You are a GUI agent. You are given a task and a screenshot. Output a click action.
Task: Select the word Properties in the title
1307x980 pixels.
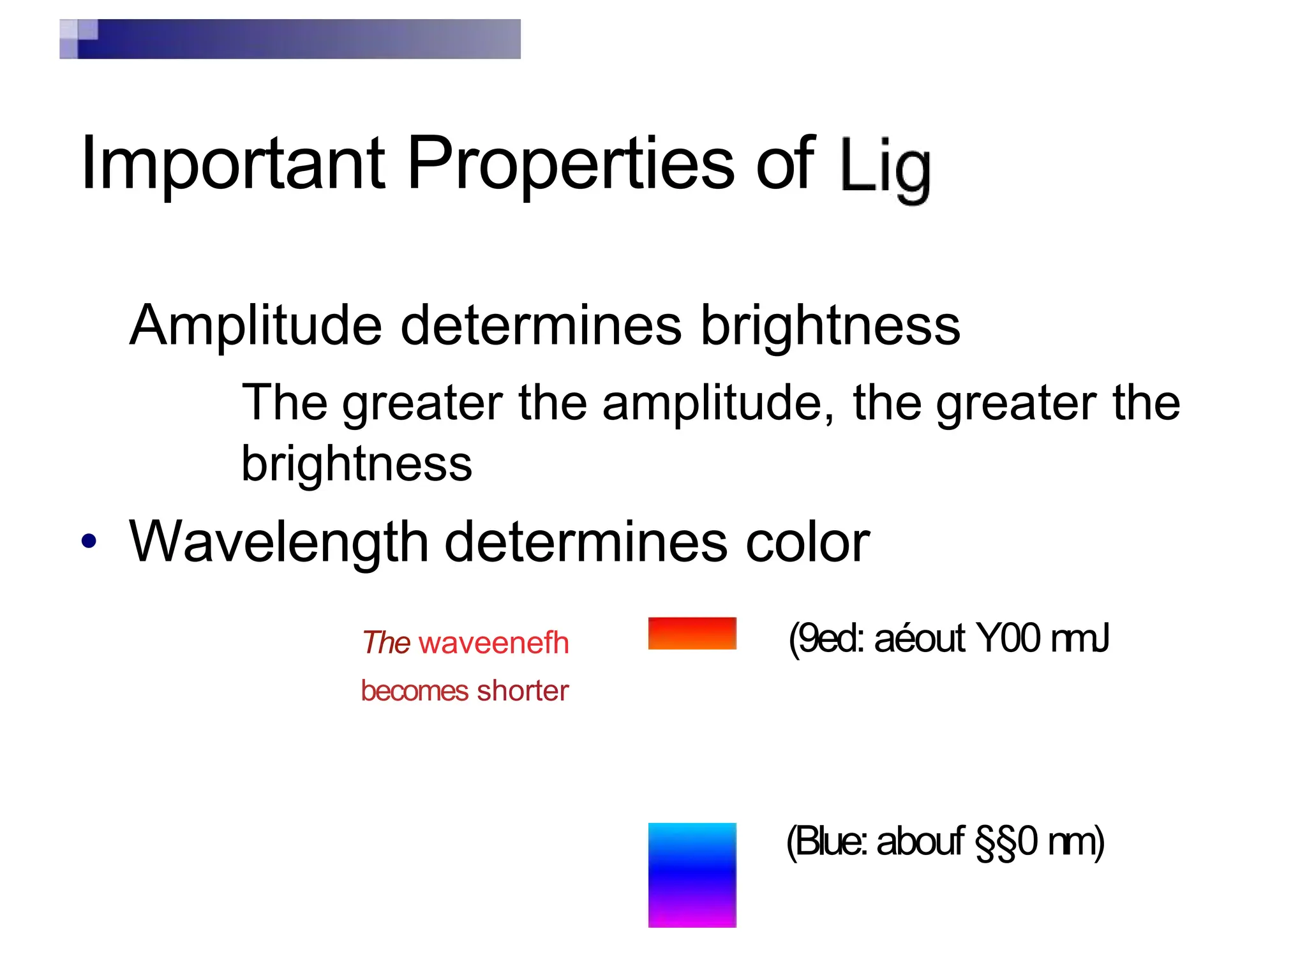(571, 165)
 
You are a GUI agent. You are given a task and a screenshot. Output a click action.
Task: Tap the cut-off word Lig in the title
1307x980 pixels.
(885, 167)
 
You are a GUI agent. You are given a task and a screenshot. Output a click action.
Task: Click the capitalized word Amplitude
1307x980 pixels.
(255, 325)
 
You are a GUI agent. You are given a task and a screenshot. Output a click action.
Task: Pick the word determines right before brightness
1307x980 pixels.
(541, 325)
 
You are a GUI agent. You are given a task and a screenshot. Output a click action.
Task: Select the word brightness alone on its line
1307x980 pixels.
(356, 464)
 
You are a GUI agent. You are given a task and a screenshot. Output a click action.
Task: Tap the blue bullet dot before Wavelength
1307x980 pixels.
(89, 541)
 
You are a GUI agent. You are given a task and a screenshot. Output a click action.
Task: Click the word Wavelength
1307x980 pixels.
(278, 542)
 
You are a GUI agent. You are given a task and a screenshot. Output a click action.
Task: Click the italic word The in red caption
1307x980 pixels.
(386, 642)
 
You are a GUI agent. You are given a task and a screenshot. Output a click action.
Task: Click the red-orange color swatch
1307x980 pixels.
(692, 633)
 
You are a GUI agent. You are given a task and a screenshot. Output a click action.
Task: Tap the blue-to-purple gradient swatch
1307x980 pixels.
(692, 875)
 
